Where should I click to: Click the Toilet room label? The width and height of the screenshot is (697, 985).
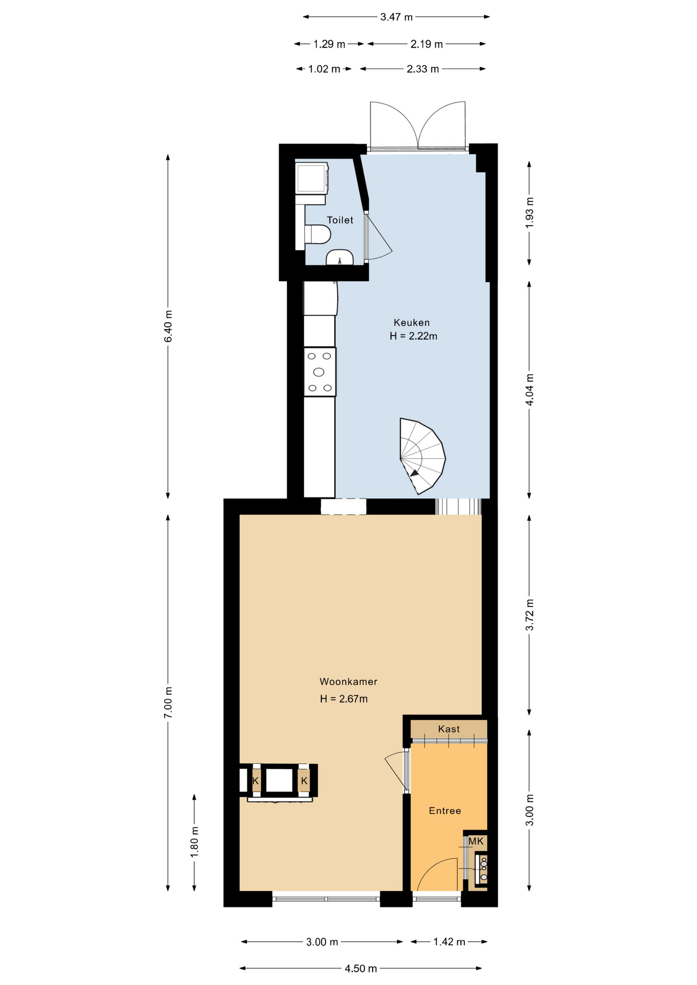[340, 220]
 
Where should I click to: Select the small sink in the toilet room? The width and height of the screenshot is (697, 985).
[340, 257]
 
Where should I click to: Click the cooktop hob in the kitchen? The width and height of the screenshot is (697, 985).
[320, 372]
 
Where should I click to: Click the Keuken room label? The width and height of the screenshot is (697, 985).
[412, 323]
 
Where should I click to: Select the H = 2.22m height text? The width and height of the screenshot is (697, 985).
[413, 337]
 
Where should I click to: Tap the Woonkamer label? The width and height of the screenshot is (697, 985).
[348, 682]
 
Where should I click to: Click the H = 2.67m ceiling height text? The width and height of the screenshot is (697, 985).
[344, 699]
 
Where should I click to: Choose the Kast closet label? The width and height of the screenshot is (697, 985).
[449, 729]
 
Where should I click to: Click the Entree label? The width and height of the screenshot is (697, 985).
[445, 811]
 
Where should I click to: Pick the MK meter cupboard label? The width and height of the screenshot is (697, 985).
[476, 841]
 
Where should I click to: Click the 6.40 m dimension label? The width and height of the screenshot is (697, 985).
[168, 326]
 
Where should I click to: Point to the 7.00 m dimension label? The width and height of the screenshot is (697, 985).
[168, 702]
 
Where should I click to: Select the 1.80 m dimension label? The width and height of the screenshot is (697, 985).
[195, 842]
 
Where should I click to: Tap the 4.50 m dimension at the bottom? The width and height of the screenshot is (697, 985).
[361, 969]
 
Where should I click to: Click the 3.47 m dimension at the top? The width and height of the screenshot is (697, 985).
[396, 17]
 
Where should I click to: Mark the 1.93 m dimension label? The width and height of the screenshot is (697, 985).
[530, 212]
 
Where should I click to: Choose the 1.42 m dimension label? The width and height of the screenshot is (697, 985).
[449, 942]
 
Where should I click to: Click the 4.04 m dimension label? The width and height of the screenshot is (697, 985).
[530, 389]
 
